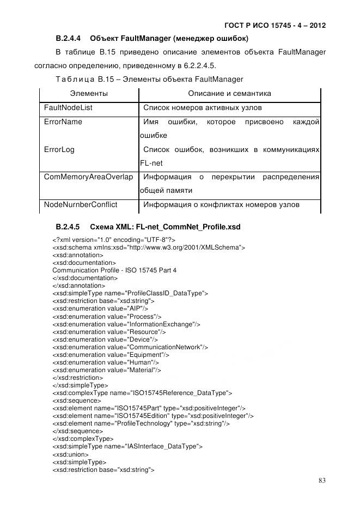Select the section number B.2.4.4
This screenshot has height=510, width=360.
68,39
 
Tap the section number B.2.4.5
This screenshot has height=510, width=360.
68,226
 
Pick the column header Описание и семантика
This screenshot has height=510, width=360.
229,94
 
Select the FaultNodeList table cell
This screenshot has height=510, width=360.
68,108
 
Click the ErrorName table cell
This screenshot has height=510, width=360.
63,122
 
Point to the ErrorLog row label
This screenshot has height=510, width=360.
59,149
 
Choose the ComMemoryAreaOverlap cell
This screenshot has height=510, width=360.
88,177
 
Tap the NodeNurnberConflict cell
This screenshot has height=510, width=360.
81,205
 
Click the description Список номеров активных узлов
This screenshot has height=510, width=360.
202,108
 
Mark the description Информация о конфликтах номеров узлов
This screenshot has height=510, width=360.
221,205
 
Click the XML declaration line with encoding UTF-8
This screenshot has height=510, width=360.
113,240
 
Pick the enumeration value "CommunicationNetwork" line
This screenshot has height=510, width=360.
130,347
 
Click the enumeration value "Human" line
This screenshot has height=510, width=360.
106,362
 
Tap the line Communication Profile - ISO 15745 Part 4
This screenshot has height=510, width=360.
114,270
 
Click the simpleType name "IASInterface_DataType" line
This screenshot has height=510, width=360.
127,446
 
